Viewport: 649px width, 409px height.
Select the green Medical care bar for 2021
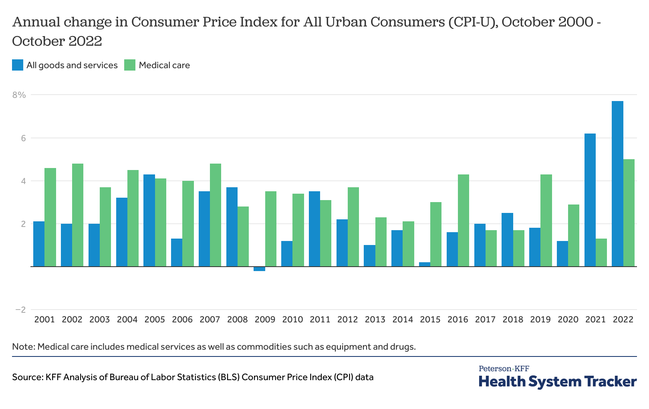[601, 253]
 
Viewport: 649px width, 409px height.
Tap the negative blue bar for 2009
[259, 269]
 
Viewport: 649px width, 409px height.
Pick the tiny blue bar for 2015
[425, 264]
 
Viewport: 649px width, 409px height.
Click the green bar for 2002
[78, 215]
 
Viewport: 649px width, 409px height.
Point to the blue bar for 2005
[149, 220]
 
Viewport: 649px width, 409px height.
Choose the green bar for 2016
[464, 220]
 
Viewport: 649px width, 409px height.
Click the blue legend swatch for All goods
[18, 65]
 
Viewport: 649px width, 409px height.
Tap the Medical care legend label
[164, 65]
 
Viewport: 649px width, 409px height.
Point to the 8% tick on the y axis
[19, 95]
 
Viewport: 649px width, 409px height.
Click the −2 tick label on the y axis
[20, 310]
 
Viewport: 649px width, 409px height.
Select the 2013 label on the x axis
[375, 320]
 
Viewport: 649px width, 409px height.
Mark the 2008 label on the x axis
[237, 320]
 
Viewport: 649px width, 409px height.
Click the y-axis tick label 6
[23, 138]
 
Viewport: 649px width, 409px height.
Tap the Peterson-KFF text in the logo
[504, 369]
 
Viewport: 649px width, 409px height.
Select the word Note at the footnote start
[23, 346]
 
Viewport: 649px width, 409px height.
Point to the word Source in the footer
[27, 377]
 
